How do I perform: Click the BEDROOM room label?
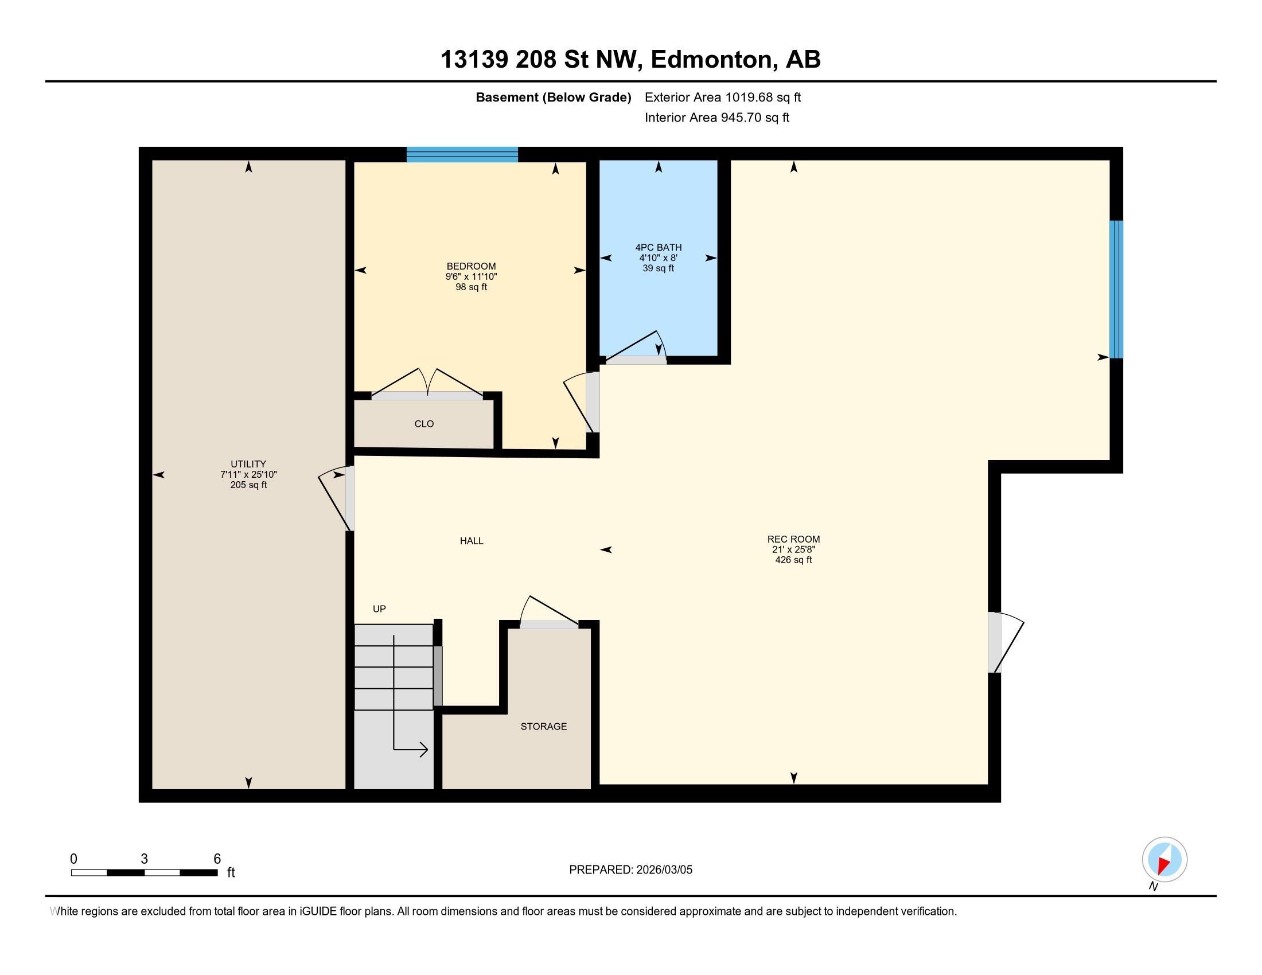(471, 266)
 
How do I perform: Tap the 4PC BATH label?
(658, 248)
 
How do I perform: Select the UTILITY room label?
(248, 464)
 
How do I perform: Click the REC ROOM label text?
(793, 540)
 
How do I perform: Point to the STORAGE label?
(543, 727)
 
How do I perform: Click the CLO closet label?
(423, 424)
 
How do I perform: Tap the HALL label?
(472, 541)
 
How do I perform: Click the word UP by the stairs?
(379, 609)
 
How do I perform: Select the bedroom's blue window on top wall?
(462, 155)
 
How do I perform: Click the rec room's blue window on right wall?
(1116, 289)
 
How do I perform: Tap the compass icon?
(1164, 860)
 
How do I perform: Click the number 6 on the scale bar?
(217, 859)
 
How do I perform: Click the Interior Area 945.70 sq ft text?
(716, 118)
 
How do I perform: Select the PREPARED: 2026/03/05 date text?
(630, 870)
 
